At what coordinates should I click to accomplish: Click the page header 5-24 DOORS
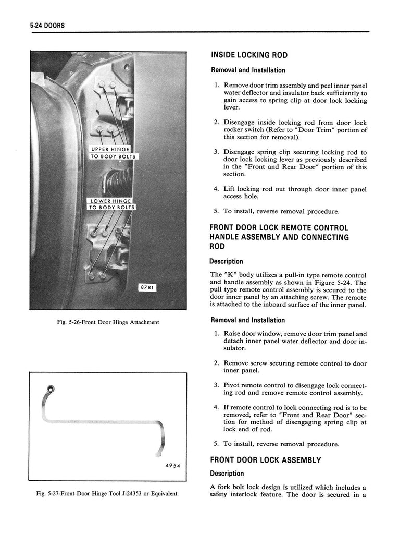[45, 26]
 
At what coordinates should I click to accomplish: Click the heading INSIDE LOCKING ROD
[249, 55]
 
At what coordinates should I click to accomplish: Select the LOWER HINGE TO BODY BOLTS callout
[113, 204]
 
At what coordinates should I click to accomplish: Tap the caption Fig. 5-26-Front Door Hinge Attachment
[108, 322]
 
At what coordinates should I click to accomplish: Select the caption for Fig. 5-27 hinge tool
[108, 493]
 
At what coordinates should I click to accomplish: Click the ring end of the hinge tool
[51, 389]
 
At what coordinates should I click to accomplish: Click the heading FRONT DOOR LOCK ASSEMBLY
[265, 460]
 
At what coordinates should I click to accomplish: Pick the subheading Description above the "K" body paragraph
[226, 261]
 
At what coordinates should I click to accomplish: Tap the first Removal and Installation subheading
[247, 70]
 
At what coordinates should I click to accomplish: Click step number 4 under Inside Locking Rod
[216, 189]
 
